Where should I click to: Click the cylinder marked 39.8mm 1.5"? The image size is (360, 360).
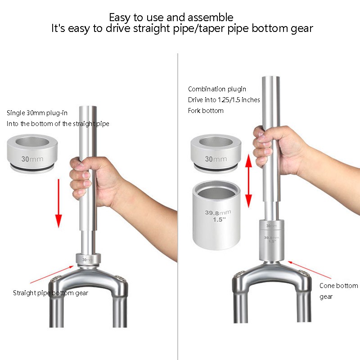click(216, 212)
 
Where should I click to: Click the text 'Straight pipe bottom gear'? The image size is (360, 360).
click(50, 293)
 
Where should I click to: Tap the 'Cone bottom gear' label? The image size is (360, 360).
click(338, 291)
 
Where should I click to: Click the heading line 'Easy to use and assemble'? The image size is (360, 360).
click(171, 18)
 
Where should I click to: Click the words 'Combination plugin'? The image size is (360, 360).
click(217, 89)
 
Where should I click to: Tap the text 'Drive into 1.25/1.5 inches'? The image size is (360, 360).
click(224, 100)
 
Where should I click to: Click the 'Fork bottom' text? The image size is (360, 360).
click(206, 111)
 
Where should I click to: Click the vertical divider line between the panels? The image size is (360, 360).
click(178, 202)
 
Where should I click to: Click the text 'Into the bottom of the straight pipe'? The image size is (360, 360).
click(58, 124)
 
